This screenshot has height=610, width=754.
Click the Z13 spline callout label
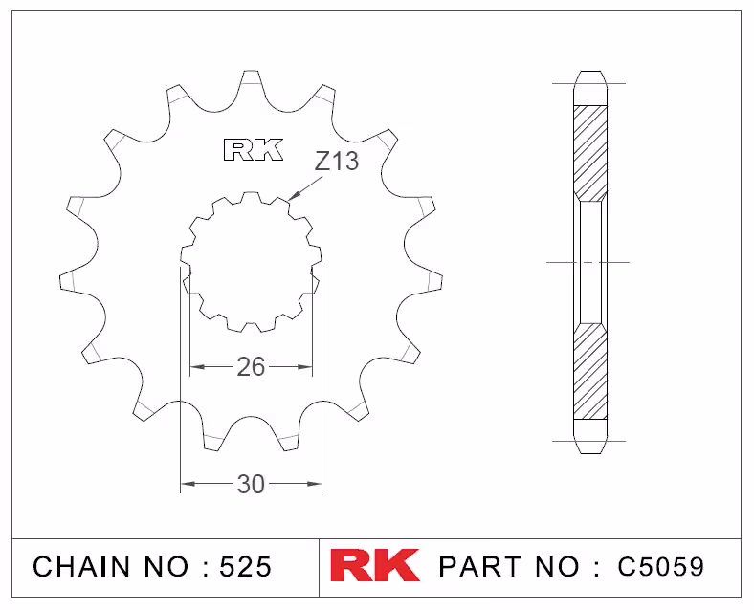click(x=337, y=161)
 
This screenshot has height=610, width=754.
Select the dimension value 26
click(x=251, y=367)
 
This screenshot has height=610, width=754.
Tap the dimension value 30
click(x=251, y=484)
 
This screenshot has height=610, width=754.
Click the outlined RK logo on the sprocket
click(x=254, y=150)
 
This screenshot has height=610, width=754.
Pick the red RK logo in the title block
click(x=374, y=565)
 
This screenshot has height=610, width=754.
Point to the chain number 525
click(x=246, y=566)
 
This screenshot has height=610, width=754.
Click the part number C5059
click(x=661, y=566)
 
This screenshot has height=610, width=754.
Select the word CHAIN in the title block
click(x=81, y=566)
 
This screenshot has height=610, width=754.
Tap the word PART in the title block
click(x=479, y=566)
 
